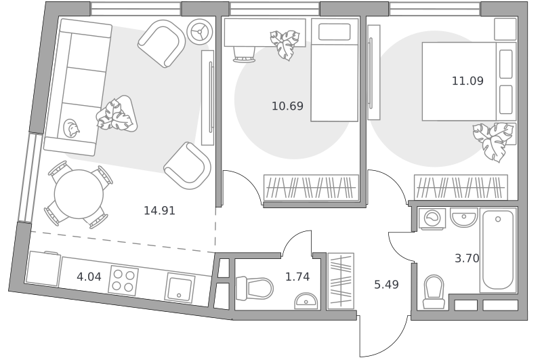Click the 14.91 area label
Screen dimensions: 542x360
click(159, 210)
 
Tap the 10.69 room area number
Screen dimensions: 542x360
click(287, 106)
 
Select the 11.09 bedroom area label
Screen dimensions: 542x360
click(467, 81)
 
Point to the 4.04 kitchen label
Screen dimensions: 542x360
click(89, 277)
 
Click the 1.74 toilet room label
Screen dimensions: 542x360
click(297, 277)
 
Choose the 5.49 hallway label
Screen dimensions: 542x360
click(386, 285)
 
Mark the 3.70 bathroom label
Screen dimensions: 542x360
click(467, 258)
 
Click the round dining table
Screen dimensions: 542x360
click(79, 194)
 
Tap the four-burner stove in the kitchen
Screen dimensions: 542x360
click(123, 281)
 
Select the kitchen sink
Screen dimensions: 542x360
click(180, 287)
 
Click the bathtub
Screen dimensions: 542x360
click(498, 250)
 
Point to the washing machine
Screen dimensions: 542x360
click(432, 218)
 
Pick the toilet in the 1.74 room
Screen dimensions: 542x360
click(254, 288)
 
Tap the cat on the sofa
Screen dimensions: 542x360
click(71, 128)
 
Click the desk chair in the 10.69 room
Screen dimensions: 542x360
click(244, 55)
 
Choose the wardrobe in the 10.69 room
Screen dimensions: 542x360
click(311, 188)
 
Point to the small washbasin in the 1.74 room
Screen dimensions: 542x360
click(306, 301)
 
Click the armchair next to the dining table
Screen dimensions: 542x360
click(188, 165)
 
